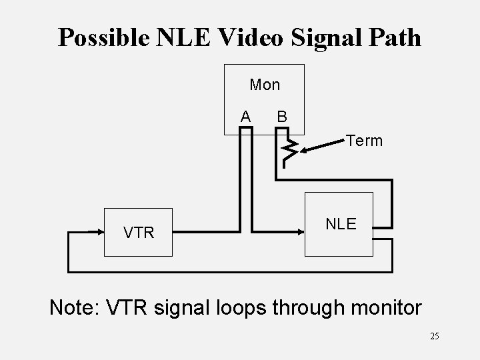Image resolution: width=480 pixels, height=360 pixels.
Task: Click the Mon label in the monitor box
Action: [265, 85]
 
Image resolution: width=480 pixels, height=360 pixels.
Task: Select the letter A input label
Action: [246, 117]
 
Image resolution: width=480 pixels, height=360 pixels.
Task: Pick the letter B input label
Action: [282, 117]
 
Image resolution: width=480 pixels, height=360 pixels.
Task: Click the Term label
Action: [364, 141]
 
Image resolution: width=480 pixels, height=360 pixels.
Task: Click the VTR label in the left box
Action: [139, 233]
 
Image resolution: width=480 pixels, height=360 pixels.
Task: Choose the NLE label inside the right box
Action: [341, 224]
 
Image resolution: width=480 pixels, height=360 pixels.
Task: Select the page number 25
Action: [435, 336]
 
